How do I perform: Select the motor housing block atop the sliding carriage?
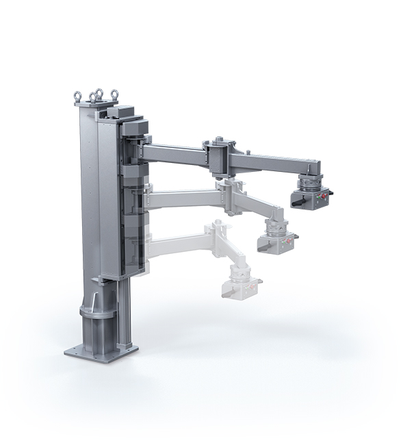coord(127,113)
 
